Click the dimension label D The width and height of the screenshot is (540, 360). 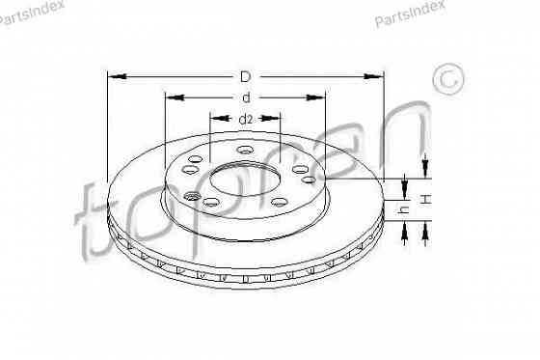[x=245, y=75]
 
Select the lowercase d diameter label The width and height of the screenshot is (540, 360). [x=246, y=97]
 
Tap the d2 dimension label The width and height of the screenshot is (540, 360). [x=245, y=119]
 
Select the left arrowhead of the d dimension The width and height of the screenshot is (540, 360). [x=171, y=97]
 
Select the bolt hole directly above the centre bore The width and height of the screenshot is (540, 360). [x=244, y=151]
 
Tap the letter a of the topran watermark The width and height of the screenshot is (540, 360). [x=338, y=145]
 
